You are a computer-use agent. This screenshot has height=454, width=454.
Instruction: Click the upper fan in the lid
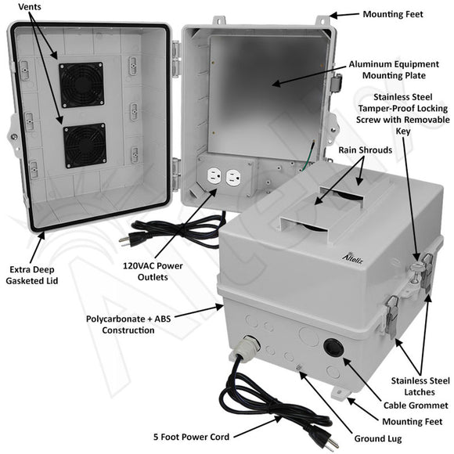point(81,85)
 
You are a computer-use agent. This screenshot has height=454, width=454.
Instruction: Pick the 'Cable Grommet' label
point(411,405)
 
